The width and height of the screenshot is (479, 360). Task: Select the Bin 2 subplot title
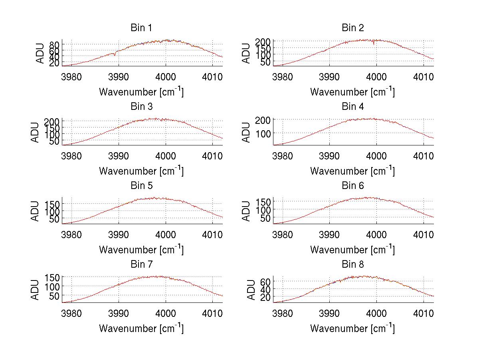tap(352, 28)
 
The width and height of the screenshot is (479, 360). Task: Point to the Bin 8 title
tap(352, 265)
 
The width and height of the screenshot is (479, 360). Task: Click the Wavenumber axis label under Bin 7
tap(141, 328)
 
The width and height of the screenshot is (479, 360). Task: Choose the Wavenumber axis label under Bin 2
tap(352, 91)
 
